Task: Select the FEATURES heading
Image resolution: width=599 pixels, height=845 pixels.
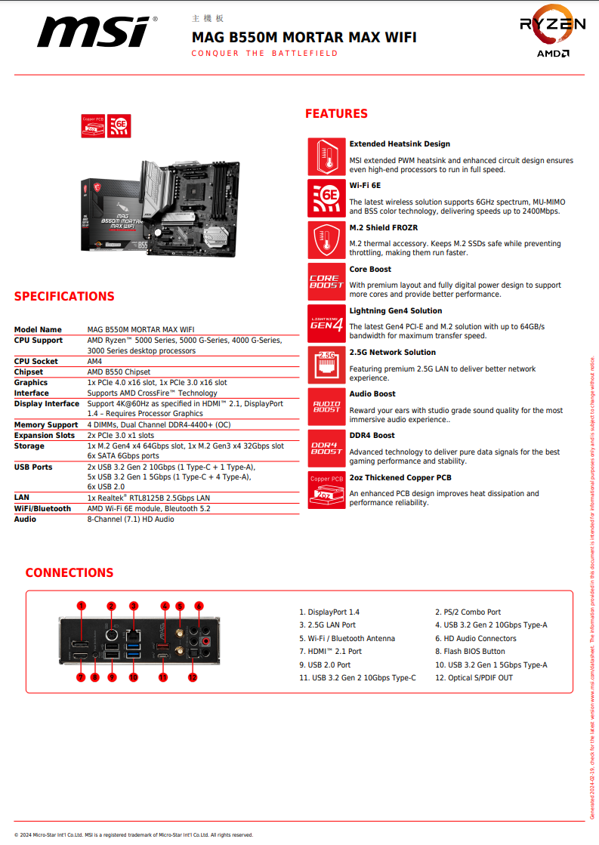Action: point(336,114)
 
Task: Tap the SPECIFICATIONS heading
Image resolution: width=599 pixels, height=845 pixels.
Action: point(64,296)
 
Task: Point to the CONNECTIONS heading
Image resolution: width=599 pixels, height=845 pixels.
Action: point(69,572)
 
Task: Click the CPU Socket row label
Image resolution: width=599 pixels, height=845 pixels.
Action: point(36,361)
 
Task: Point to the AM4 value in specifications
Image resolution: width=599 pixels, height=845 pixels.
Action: point(94,361)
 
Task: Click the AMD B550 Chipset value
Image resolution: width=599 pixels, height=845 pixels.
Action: point(119,372)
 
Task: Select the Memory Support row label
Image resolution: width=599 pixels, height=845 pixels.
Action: point(46,424)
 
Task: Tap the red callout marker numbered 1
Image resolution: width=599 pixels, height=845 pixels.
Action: point(82,606)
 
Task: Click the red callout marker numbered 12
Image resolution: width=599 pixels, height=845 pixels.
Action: point(193,677)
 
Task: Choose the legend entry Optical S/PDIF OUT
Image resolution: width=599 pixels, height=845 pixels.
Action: point(474,677)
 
